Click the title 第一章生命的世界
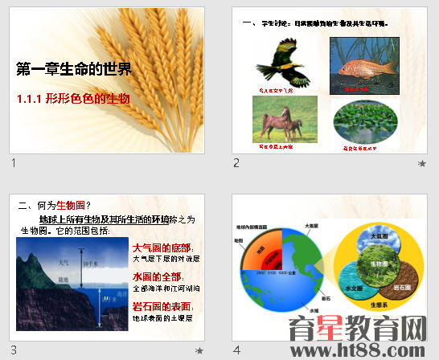tap(73, 70)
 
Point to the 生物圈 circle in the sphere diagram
tap(375, 264)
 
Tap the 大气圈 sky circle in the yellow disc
tap(376, 238)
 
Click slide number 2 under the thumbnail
tap(237, 163)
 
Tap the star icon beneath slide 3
tap(199, 351)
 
